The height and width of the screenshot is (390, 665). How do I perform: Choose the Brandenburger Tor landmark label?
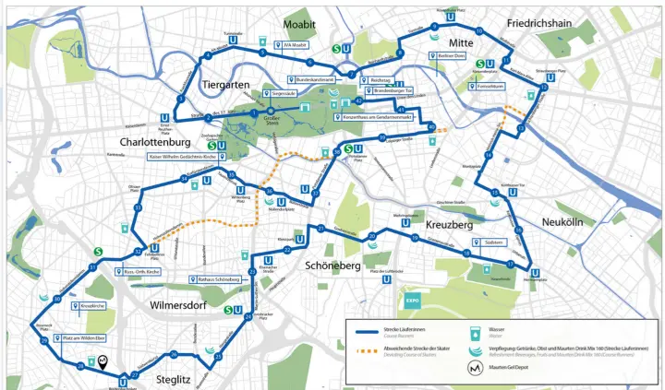tap(393, 90)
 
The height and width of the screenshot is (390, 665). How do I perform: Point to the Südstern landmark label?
tap(490, 242)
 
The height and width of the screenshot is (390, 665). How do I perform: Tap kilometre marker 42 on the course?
tap(358, 100)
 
